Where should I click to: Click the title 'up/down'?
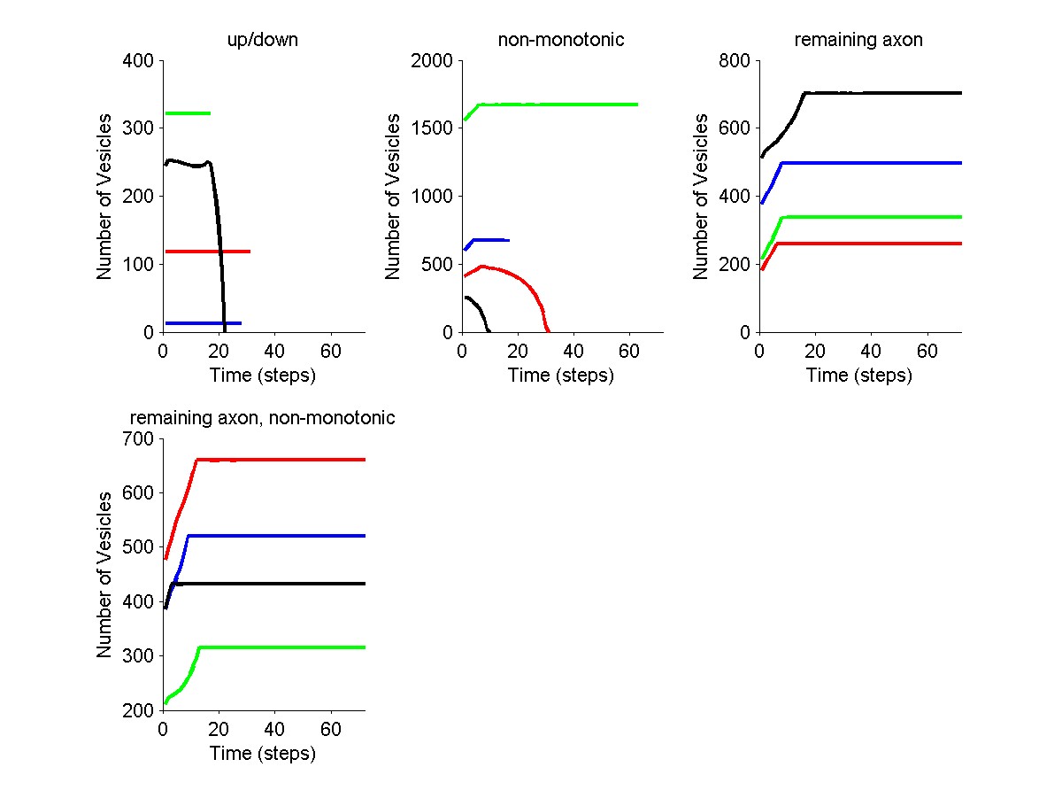coord(263,40)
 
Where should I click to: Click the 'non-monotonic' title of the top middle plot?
coord(561,40)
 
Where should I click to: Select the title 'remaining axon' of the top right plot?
coord(858,40)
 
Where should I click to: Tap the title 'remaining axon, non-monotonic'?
coord(263,418)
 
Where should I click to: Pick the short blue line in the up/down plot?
coord(204,323)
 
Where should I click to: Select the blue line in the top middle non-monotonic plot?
coord(491,239)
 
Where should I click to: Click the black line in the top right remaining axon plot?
coord(885,92)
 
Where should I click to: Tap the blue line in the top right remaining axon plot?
coord(885,163)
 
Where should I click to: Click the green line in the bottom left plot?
coord(283,647)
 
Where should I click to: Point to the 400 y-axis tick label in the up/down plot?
coord(139,61)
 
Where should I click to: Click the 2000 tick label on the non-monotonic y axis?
coord(433,61)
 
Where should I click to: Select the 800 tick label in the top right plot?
coord(735,61)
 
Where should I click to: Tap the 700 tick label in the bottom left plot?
coord(139,439)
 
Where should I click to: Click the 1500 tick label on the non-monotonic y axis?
coord(433,128)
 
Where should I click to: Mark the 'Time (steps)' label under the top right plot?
coord(858,376)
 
